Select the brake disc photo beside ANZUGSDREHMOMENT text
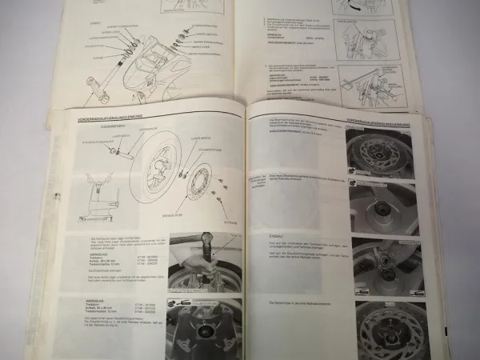[x=376, y=148]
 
